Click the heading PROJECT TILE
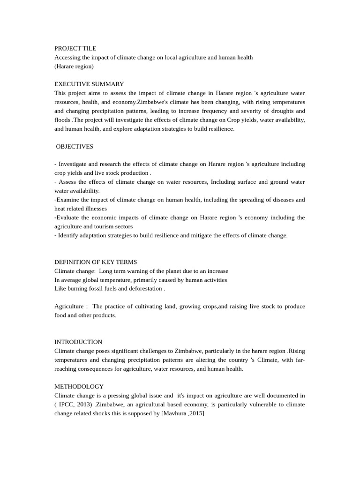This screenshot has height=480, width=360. click(x=75, y=48)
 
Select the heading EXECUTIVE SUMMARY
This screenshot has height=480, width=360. click(x=89, y=84)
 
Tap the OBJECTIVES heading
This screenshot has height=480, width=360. click(x=75, y=146)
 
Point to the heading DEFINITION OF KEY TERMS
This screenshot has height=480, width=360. click(x=96, y=262)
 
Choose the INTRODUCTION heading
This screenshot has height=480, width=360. click(x=78, y=342)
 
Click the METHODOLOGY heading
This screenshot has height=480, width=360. click(x=79, y=386)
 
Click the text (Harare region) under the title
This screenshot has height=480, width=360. click(x=74, y=66)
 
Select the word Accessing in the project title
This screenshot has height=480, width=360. click(x=67, y=57)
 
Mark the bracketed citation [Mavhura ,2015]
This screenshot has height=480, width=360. click(x=183, y=413)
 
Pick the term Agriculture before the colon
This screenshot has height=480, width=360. click(x=69, y=307)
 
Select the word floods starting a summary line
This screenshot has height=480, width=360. click(x=62, y=120)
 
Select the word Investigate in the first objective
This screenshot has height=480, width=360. click(x=74, y=164)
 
